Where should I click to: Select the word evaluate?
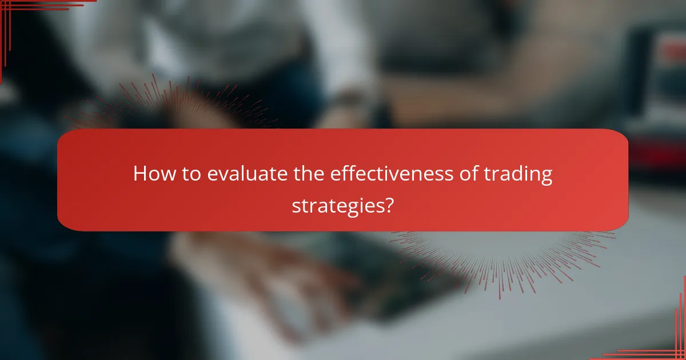coord(246,175)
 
